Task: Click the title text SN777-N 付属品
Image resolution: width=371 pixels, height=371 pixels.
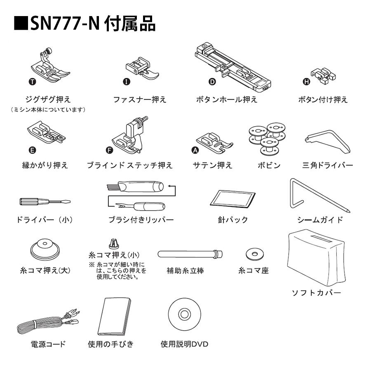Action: click(x=85, y=24)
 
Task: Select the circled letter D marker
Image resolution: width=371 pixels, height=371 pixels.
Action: click(x=212, y=82)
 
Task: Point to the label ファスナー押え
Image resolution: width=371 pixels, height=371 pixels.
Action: click(x=140, y=100)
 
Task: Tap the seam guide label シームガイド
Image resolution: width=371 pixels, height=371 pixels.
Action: click(x=320, y=219)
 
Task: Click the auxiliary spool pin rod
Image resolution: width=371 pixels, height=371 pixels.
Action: click(x=190, y=251)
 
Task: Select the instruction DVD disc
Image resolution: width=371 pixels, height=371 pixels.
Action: click(x=184, y=315)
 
